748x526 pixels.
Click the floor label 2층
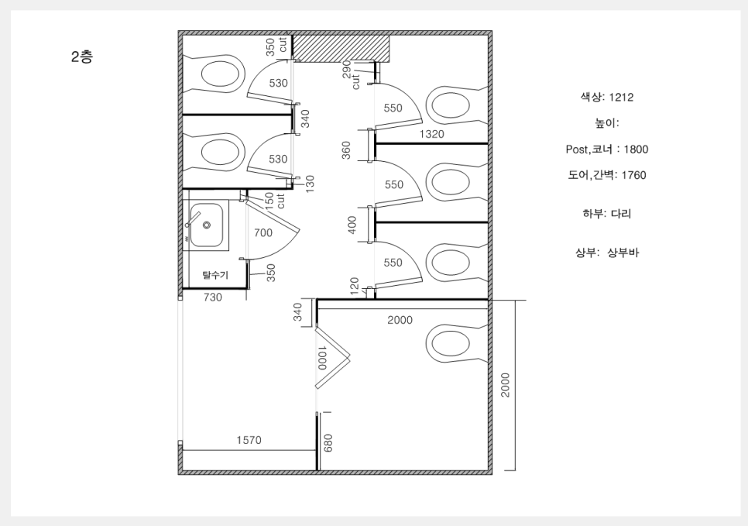tap(82, 57)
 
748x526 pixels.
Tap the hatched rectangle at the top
tap(341, 49)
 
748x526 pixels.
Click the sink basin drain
tap(207, 225)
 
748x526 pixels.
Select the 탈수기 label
tap(215, 276)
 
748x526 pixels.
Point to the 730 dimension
tap(213, 297)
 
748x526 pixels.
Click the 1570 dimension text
tap(249, 440)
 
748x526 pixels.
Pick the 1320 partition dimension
tap(432, 134)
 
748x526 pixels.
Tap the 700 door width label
tap(262, 232)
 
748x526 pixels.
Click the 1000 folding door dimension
tap(321, 357)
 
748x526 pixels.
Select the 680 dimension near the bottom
tap(328, 442)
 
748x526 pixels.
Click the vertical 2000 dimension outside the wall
tap(506, 385)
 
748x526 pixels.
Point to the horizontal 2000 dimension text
tap(400, 320)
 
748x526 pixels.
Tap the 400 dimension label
tap(352, 225)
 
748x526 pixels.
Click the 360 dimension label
tap(346, 150)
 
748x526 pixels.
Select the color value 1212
tap(621, 98)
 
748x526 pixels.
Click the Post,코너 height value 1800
tap(636, 150)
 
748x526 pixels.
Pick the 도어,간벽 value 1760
tap(633, 175)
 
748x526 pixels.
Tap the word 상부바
tap(623, 253)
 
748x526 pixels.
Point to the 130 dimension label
tap(310, 184)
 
